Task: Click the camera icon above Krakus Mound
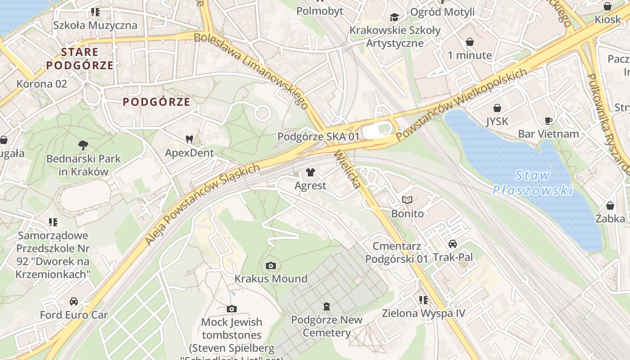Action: point(270,265)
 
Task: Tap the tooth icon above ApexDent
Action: point(189,139)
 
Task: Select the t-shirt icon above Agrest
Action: point(310,172)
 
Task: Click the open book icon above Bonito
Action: point(407,200)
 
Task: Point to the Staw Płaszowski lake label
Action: point(533,183)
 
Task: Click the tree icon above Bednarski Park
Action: point(83,145)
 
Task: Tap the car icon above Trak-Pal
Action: point(453,244)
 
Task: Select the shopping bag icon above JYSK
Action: point(497,108)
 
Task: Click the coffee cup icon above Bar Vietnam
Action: point(549,121)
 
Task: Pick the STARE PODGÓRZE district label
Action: point(80,58)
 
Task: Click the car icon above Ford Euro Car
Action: point(74,301)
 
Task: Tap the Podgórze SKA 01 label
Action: point(319,136)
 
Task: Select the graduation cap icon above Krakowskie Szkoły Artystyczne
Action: point(395,17)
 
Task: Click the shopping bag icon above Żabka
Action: point(610,206)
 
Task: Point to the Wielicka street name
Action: point(347,169)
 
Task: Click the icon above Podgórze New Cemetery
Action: point(327,306)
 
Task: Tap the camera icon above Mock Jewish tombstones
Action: point(232,309)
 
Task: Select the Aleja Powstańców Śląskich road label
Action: point(202,205)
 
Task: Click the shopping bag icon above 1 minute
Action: point(470,42)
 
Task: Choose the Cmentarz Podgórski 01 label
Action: point(396,252)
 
